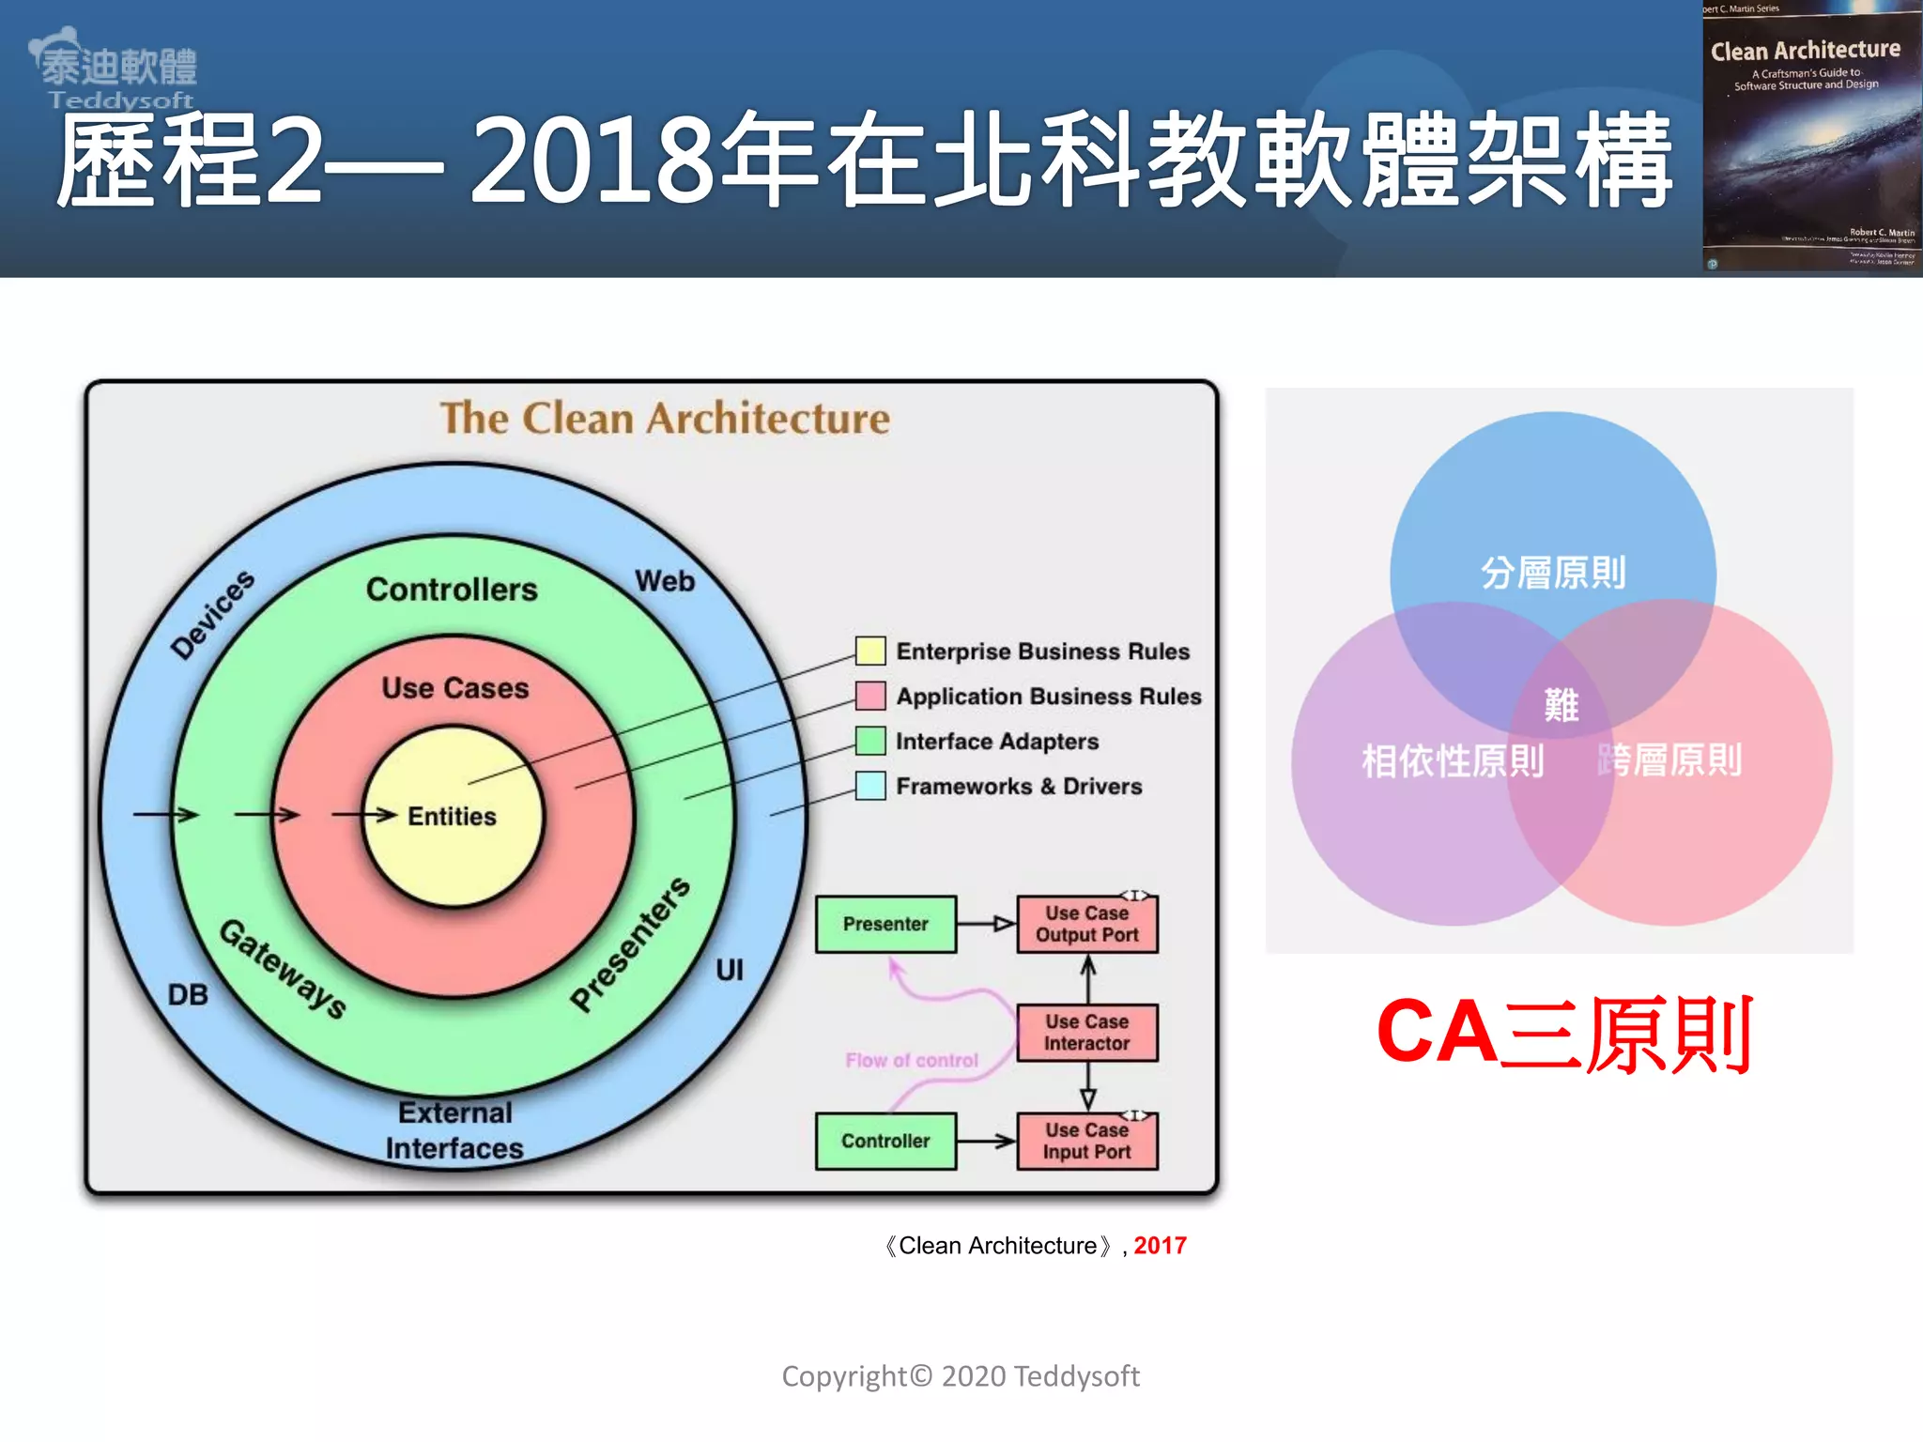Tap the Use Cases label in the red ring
point(455,688)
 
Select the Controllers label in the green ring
point(452,590)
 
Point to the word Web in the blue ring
point(665,581)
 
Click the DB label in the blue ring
point(188,994)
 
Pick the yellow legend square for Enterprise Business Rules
point(870,651)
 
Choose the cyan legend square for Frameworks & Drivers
point(870,786)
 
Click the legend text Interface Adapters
point(997,742)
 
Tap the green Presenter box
point(885,924)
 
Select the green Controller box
point(885,1141)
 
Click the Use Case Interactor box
point(1087,1033)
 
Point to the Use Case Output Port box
point(1087,925)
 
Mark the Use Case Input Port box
point(1087,1142)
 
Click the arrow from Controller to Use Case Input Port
point(986,1142)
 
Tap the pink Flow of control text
point(912,1061)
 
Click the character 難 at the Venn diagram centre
point(1561,705)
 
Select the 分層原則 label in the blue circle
point(1553,573)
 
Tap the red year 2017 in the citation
point(1160,1246)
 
